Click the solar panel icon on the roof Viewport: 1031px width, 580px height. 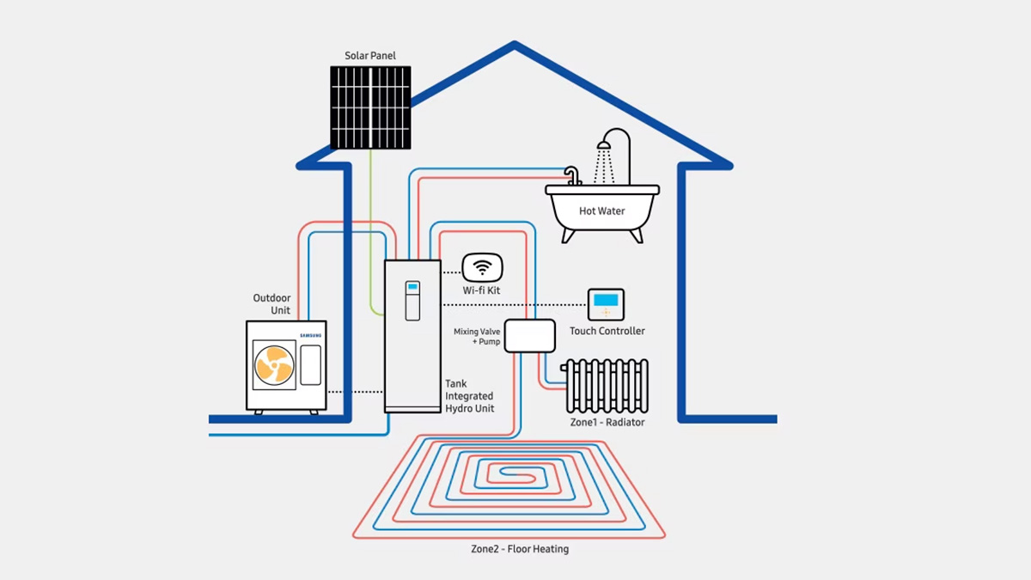pyautogui.click(x=370, y=107)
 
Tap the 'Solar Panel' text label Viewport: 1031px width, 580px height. pyautogui.click(x=370, y=56)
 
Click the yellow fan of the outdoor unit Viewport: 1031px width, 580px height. pyautogui.click(x=274, y=364)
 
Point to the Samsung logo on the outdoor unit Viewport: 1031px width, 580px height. pyautogui.click(x=311, y=333)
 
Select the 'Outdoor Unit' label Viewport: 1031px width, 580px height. pyautogui.click(x=271, y=304)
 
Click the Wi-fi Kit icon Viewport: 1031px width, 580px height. pyautogui.click(x=482, y=267)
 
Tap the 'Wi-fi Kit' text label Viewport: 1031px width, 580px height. pyautogui.click(x=481, y=291)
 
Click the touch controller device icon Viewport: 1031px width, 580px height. pyautogui.click(x=606, y=304)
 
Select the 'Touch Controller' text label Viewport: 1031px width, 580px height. pyautogui.click(x=607, y=331)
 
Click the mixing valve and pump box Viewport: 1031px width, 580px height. pyautogui.click(x=529, y=335)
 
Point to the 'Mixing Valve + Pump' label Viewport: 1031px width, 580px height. pyautogui.click(x=477, y=336)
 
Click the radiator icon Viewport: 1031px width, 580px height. pyautogui.click(x=607, y=386)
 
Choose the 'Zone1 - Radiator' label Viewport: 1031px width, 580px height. pyautogui.click(x=607, y=422)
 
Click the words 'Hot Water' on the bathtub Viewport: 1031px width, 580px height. pyautogui.click(x=601, y=211)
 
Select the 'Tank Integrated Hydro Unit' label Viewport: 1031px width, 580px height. pyautogui.click(x=469, y=396)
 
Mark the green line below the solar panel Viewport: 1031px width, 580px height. pyautogui.click(x=371, y=223)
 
